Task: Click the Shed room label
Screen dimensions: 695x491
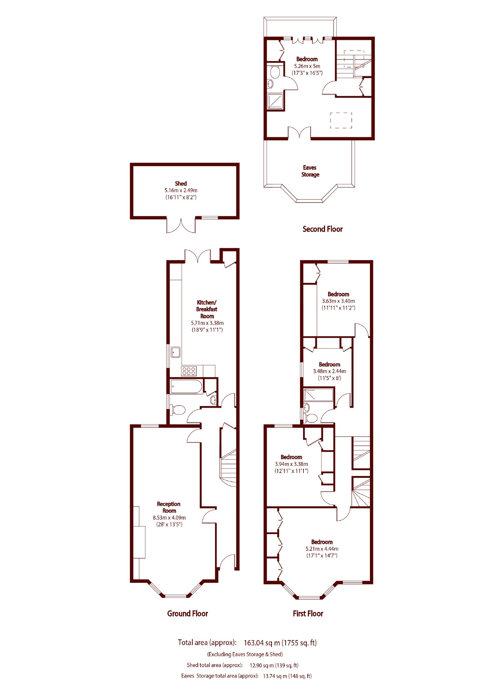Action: point(181,184)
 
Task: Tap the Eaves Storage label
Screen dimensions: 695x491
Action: point(310,171)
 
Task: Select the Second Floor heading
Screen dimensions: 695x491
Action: point(322,229)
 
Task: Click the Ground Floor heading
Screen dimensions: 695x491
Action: point(188,613)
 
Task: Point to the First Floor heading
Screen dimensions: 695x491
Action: point(308,613)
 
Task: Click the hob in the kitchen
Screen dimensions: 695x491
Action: point(189,371)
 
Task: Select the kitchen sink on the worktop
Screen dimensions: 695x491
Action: point(176,352)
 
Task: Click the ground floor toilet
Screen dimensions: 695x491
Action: point(178,410)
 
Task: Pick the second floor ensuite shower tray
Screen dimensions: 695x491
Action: point(275,101)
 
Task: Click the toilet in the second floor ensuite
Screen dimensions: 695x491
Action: point(275,72)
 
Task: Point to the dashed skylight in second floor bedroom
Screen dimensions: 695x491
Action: point(341,120)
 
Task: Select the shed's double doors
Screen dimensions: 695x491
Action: point(181,225)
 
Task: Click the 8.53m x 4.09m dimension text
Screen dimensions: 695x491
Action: point(169,518)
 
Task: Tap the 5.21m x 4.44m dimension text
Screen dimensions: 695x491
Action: point(322,549)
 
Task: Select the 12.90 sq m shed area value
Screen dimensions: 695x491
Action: point(261,665)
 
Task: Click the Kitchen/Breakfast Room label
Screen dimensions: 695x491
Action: point(207,309)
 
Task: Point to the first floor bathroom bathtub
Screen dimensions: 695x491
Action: point(318,395)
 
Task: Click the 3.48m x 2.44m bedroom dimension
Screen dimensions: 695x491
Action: point(329,371)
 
